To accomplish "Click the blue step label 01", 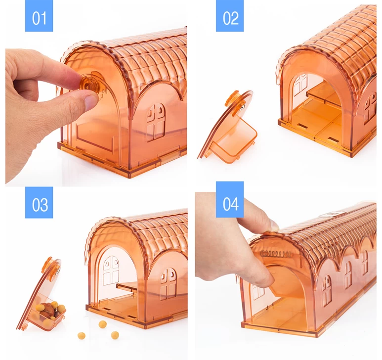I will pyautogui.click(x=39, y=18).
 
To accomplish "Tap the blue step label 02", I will pyautogui.click(x=230, y=18).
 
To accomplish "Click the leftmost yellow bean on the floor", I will pyautogui.click(x=82, y=335).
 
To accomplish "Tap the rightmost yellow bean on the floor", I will pyautogui.click(x=115, y=334).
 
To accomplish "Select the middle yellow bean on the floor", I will pyautogui.click(x=102, y=324).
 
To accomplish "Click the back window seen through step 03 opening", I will pyautogui.click(x=111, y=270).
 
